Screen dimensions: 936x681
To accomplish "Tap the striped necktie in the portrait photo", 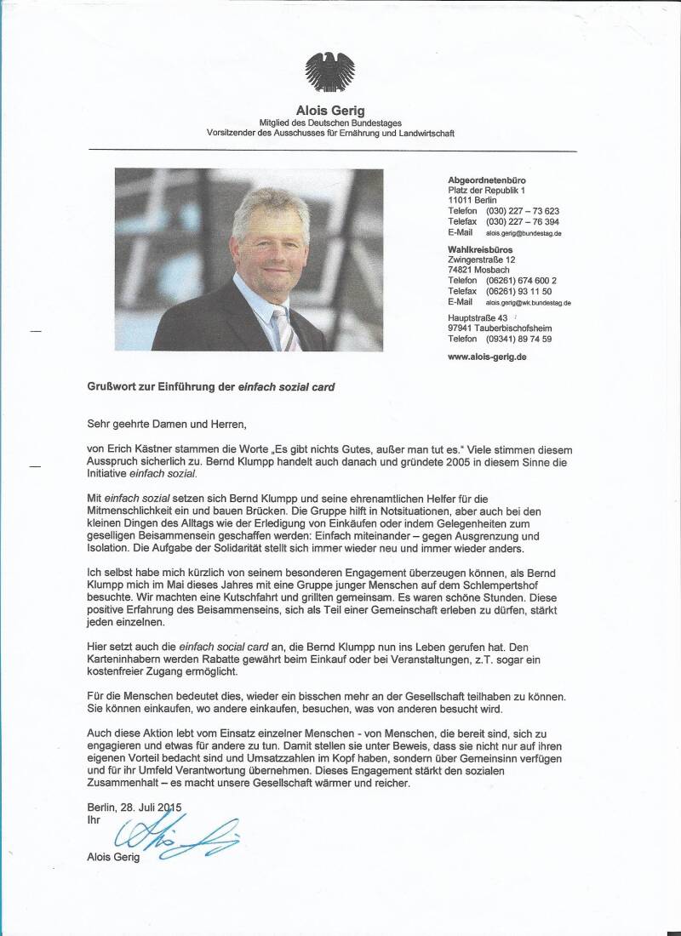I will click(284, 327).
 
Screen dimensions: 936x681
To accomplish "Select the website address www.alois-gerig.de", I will click(487, 357).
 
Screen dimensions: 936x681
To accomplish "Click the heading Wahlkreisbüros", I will click(480, 249).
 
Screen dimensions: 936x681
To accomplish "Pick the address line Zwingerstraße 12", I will click(482, 260).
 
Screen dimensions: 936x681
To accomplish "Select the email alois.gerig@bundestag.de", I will click(524, 233).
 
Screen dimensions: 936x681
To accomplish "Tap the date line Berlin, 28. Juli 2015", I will click(134, 807).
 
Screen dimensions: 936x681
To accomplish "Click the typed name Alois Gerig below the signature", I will click(113, 857).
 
